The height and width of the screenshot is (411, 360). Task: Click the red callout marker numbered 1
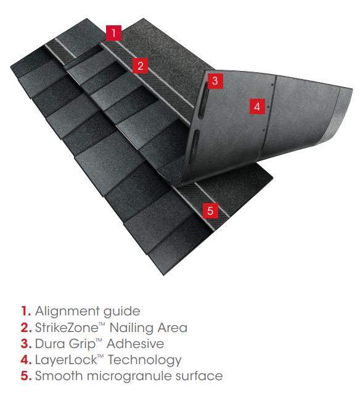113,33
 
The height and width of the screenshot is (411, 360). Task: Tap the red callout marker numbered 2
141,65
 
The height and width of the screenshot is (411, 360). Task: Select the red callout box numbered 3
215,81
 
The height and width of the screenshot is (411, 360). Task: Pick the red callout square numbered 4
257,106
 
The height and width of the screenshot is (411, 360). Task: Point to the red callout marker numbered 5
210,210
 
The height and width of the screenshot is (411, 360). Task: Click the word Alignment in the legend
67,312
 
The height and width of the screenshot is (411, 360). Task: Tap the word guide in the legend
121,312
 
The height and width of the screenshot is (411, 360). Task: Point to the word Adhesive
135,344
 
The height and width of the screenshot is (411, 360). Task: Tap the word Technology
144,360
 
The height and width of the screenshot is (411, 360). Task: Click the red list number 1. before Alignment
26,311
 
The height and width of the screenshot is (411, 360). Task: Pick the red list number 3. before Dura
26,344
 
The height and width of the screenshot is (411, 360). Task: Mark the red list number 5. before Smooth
26,376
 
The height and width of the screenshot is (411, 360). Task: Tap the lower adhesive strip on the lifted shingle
194,147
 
